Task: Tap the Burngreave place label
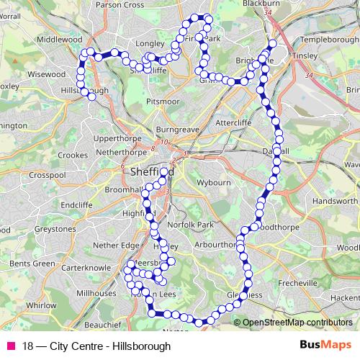pos(176,130)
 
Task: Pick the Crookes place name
pos(72,155)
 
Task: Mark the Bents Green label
pos(32,264)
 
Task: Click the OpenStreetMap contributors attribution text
pos(297,323)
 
